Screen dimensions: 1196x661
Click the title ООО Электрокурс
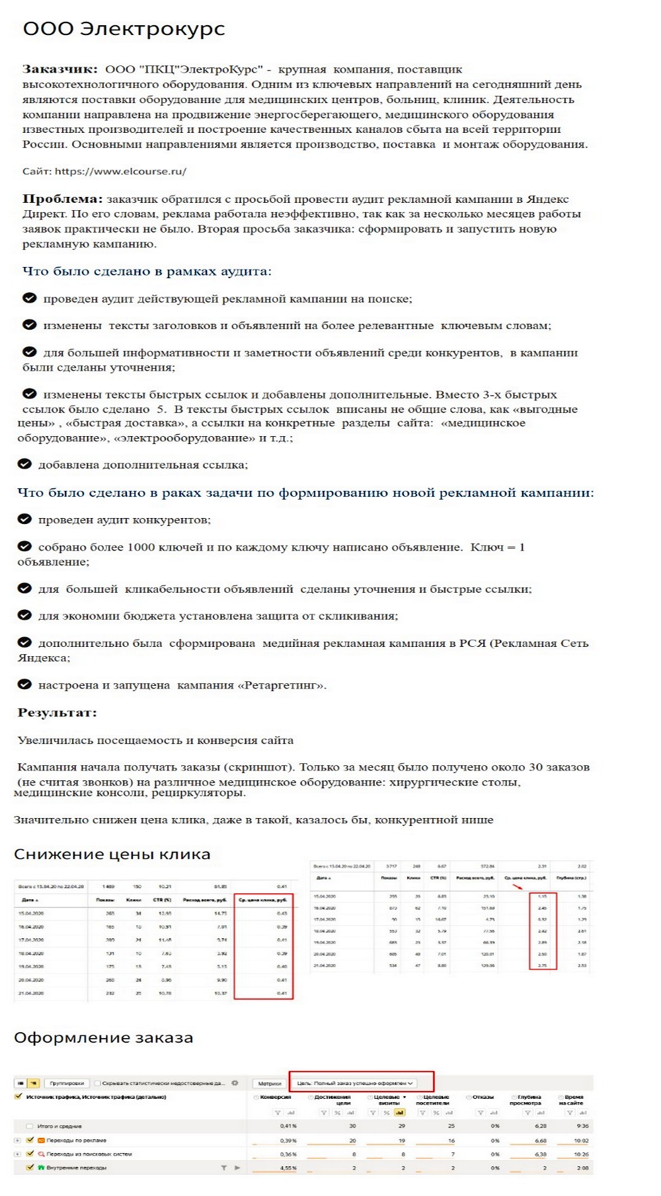[124, 29]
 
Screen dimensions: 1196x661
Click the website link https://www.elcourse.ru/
[120, 171]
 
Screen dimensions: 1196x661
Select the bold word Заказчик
[59, 69]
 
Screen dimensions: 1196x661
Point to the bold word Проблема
[62, 199]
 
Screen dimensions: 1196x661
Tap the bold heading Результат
[57, 713]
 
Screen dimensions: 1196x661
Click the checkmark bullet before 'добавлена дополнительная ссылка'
[24, 464]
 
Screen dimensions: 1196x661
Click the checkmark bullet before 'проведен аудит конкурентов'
[24, 519]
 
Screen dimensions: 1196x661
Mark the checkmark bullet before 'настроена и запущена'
[24, 684]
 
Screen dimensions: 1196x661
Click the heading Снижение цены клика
[112, 854]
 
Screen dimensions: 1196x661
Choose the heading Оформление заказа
[104, 1038]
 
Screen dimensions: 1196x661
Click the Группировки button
[67, 1083]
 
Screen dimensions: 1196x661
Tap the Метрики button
[269, 1083]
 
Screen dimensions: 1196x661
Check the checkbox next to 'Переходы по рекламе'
[30, 1140]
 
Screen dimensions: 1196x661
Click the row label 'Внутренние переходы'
[76, 1168]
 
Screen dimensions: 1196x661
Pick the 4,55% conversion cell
[288, 1168]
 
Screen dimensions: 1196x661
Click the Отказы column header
[483, 1097]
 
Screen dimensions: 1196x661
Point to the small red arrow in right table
[518, 886]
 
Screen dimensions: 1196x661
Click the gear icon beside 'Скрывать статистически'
[235, 1083]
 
